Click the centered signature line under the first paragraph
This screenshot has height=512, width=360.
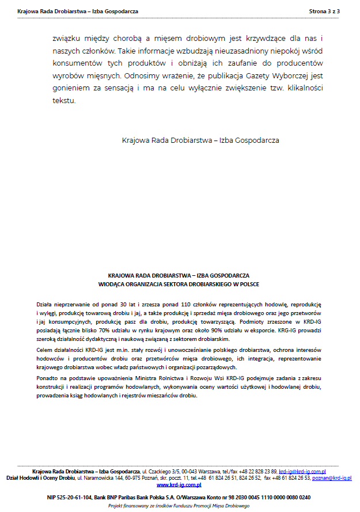coord(201,140)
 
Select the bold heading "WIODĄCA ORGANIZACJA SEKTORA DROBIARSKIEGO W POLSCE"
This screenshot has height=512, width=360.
coord(179,285)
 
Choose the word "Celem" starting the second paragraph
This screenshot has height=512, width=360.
coord(44,350)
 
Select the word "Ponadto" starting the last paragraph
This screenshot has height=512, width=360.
coord(47,378)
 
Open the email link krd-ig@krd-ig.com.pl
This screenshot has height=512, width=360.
coord(303,471)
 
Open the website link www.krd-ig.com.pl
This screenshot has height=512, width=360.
coord(179,485)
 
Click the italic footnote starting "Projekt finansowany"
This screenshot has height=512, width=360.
coord(179,506)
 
